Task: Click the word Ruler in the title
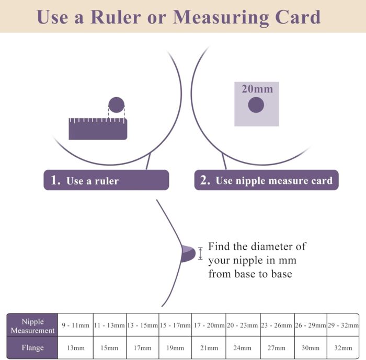(116, 17)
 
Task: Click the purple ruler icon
(98, 129)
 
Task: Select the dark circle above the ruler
(116, 104)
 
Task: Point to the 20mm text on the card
(257, 89)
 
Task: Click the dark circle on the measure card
(256, 104)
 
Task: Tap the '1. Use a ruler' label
(106, 180)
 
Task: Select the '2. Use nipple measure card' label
(266, 180)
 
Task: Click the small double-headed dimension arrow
(200, 253)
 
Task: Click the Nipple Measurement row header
(32, 325)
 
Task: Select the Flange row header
(32, 347)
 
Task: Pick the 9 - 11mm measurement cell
(75, 325)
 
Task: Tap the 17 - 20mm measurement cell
(209, 325)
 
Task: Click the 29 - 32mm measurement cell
(343, 325)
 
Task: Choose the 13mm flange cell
(75, 347)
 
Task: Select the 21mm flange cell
(209, 347)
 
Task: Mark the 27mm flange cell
(277, 347)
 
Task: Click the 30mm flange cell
(311, 347)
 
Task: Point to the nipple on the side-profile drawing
(188, 254)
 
